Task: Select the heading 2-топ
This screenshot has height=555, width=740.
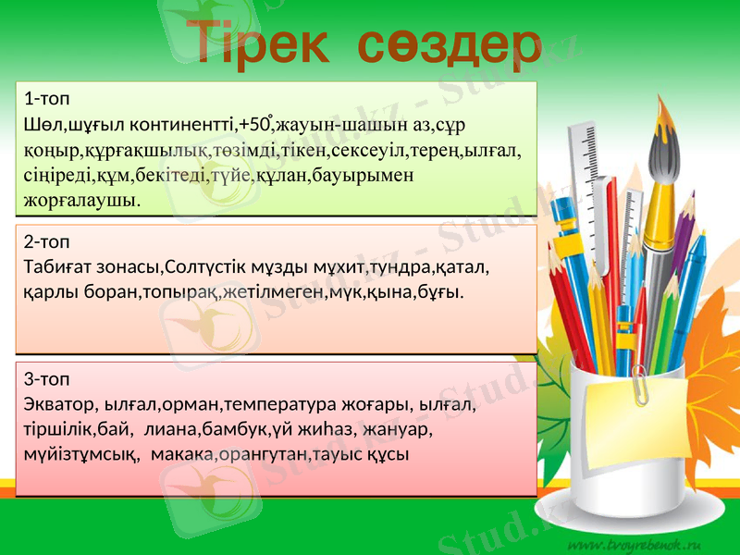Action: click(43, 242)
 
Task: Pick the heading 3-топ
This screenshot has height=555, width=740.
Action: click(43, 379)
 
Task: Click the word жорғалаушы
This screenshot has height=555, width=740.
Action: click(83, 198)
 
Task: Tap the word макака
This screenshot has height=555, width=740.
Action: click(178, 454)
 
